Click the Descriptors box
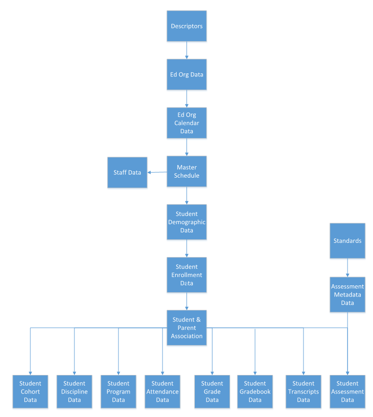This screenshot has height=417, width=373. click(x=186, y=26)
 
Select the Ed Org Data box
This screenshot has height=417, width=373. click(x=186, y=74)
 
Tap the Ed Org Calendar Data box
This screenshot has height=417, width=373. click(x=186, y=123)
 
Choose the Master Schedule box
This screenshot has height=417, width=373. click(x=186, y=171)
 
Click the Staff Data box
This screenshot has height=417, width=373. click(x=127, y=172)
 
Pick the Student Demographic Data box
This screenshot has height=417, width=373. click(x=186, y=222)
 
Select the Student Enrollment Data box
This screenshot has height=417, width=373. click(x=186, y=275)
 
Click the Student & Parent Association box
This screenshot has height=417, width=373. click(x=186, y=327)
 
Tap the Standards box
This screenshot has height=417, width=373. click(x=348, y=241)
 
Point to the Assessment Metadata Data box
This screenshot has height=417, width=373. click(x=348, y=295)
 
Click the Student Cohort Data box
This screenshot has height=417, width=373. click(x=30, y=392)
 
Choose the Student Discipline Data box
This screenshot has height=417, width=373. click(x=74, y=392)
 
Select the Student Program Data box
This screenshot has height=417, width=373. click(x=118, y=392)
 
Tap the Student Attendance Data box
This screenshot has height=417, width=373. click(x=163, y=392)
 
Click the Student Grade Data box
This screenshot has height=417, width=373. click(x=212, y=392)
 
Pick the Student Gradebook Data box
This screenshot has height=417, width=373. click(x=255, y=392)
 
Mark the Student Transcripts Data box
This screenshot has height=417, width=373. click(x=303, y=392)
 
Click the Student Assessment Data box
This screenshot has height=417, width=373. click(x=348, y=392)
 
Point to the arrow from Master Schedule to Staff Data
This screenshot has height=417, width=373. click(x=157, y=172)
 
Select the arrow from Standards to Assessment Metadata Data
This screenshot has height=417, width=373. click(x=348, y=268)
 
